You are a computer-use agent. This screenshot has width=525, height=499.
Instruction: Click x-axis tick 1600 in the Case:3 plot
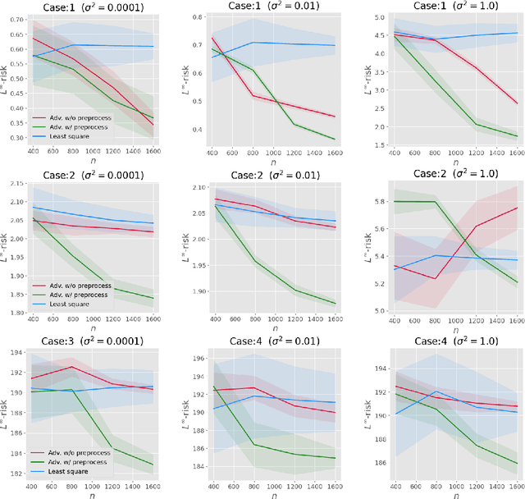click(154, 486)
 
